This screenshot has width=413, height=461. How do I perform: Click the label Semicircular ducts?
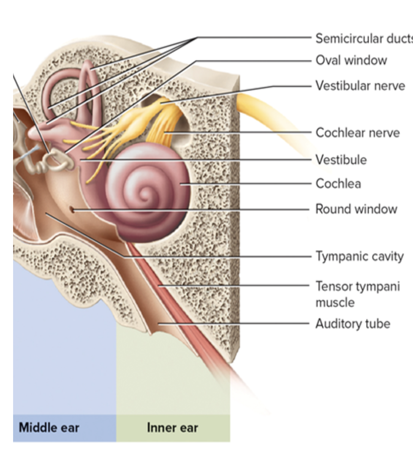[364, 38]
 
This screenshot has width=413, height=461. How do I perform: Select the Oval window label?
[351, 60]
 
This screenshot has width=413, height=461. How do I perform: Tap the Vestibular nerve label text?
[360, 86]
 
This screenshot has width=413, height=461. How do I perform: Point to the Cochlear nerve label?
[358, 133]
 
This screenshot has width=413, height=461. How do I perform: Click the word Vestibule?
[341, 160]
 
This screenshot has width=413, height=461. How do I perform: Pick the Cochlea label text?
[338, 184]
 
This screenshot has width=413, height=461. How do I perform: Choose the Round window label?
[356, 209]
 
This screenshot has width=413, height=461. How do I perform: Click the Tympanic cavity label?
[359, 256]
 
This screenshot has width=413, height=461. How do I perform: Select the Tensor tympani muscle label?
[357, 294]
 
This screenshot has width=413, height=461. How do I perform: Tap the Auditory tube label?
[353, 324]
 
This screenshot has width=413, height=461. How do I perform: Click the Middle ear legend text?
[49, 428]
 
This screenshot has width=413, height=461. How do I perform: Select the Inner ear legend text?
[172, 428]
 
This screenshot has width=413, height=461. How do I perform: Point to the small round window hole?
[72, 209]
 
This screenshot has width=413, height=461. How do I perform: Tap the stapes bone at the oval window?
[58, 160]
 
